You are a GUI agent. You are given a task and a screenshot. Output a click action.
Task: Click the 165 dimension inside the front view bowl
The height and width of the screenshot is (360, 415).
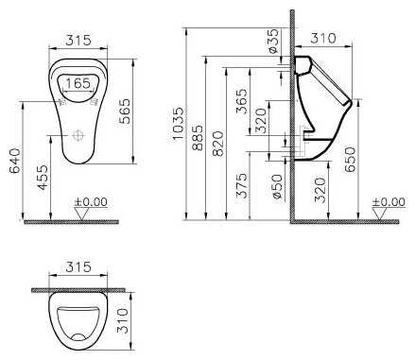coord(78,83)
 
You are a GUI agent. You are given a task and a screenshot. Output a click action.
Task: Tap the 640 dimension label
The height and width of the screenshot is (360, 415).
coord(15,161)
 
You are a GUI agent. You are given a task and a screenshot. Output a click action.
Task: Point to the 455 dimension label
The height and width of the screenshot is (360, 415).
coord(43,178)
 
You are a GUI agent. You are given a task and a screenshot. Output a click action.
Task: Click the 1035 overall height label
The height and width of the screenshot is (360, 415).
coord(178,124)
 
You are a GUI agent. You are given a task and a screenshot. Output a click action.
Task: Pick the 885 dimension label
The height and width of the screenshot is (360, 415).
coord(198,138)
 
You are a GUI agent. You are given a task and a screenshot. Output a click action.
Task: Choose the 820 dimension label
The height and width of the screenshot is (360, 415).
coord(217,144)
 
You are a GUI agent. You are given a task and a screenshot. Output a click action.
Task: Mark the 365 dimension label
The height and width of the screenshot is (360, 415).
coord(242,101)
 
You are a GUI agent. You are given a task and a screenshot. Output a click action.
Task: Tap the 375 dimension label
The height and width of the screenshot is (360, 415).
coord(242,185)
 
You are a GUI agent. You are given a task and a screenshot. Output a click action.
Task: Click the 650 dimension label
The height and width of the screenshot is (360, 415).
coord(350,160)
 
